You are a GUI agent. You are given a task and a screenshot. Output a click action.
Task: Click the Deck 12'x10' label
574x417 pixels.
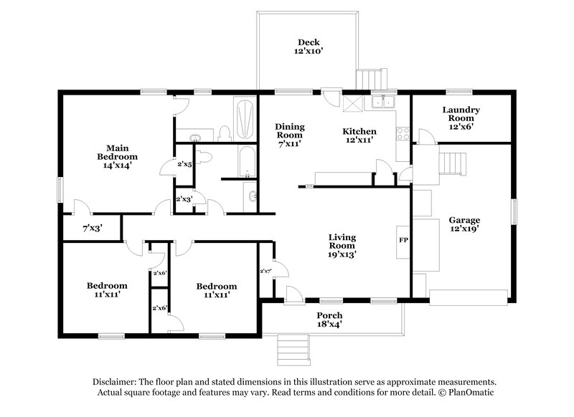tap(309, 47)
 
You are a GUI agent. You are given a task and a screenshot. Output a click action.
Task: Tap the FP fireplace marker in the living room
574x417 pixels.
tap(403, 239)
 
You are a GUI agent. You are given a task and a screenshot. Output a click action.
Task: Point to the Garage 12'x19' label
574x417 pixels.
tap(464, 224)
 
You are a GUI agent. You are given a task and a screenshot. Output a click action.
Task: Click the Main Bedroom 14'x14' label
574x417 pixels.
tap(118, 156)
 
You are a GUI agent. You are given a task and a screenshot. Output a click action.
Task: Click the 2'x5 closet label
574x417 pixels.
tap(184, 164)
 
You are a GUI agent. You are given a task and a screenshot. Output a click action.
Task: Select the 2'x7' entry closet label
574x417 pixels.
tap(265, 270)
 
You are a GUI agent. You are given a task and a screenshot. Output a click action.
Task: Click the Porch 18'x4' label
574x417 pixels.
tap(330, 320)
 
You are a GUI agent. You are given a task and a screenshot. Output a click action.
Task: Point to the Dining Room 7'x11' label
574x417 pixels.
tap(289, 135)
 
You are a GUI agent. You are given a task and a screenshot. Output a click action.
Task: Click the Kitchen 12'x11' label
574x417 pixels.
tap(359, 136)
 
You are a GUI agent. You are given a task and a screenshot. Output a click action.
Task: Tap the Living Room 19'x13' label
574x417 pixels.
tap(343, 245)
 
